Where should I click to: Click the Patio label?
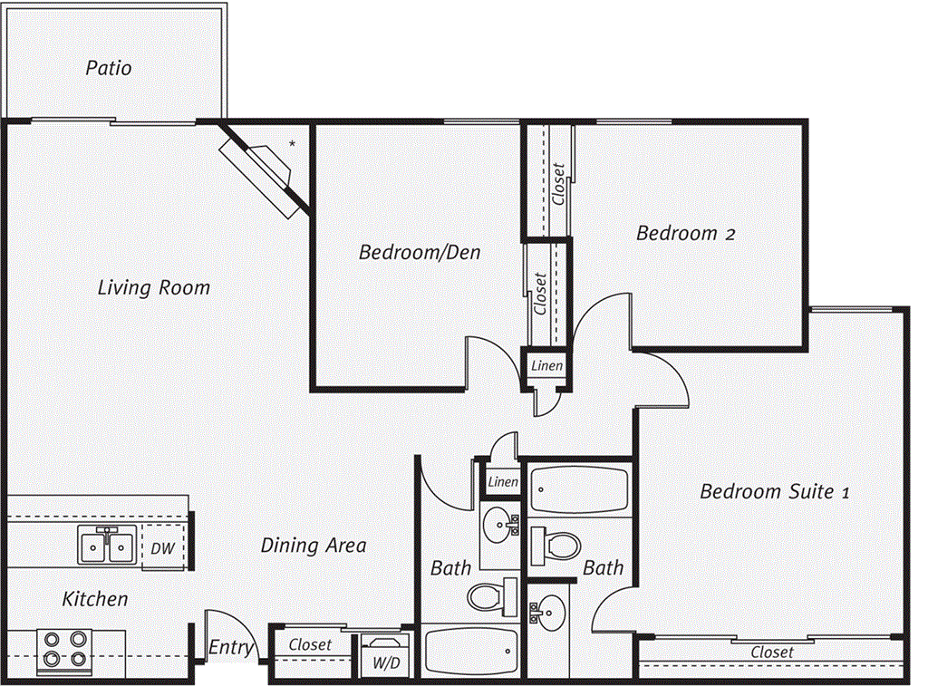point(109,68)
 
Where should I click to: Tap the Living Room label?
point(154,287)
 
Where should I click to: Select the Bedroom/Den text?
point(420,252)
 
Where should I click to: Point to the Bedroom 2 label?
point(685,233)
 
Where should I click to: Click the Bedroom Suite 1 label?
point(775,491)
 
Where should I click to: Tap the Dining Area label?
point(314,545)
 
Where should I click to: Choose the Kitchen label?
point(95,599)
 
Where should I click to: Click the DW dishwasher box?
point(163,547)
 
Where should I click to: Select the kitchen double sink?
point(107,545)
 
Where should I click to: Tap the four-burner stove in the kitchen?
point(64,651)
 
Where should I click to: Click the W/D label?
point(386,662)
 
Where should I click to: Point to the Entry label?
point(231,647)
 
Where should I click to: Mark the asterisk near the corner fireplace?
point(292,144)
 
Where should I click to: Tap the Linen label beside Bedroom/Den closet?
point(546,366)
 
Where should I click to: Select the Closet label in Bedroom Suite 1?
point(772,652)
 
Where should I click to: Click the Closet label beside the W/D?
point(310,644)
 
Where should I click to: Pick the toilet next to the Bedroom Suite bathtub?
point(556,546)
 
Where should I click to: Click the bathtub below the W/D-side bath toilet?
point(471,651)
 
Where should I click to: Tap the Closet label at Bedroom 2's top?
point(558,184)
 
